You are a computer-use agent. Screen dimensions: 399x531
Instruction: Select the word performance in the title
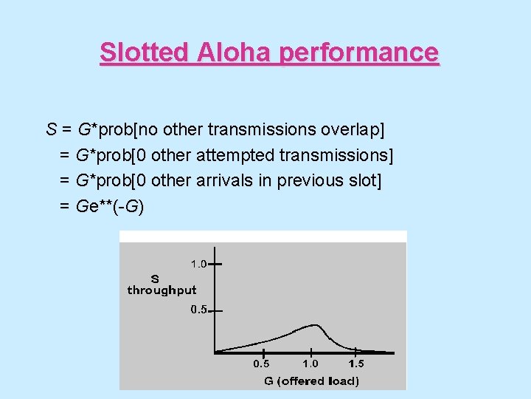[x=359, y=52]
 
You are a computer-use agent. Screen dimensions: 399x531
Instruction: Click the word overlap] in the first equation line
[x=353, y=130]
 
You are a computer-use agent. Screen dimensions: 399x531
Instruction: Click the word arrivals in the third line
[x=225, y=180]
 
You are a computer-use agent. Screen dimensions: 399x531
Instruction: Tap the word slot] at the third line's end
[x=364, y=180]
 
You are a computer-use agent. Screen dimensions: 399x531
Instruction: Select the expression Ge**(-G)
[x=110, y=206]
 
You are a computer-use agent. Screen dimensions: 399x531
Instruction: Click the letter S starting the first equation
[x=52, y=130]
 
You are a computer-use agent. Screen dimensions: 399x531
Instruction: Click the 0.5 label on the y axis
[x=198, y=310]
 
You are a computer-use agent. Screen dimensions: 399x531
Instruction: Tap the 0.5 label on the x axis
[x=262, y=364]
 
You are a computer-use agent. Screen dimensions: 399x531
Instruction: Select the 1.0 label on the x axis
[x=310, y=364]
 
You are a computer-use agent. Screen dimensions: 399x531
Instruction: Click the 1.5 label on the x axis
[x=356, y=364]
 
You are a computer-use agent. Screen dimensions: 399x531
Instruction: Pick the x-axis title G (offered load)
[x=312, y=381]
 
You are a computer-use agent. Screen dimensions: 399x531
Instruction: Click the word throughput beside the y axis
[x=162, y=290]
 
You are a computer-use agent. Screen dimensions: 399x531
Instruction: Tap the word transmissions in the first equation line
[x=262, y=130]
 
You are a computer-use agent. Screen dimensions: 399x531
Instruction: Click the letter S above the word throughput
[x=154, y=279]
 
